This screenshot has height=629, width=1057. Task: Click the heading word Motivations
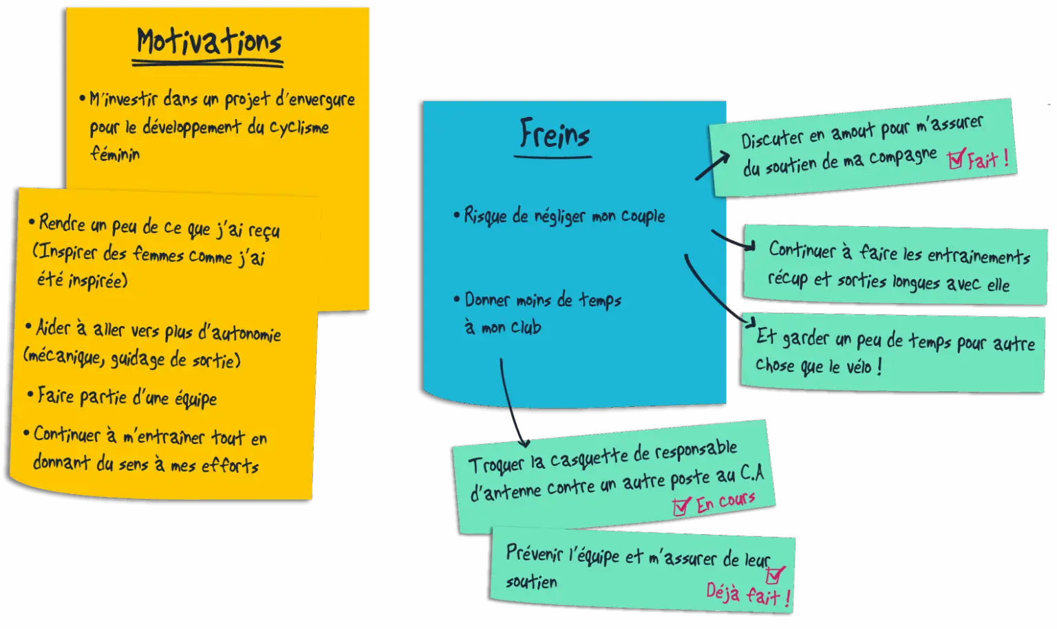(209, 43)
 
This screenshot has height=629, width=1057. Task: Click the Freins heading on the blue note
(554, 133)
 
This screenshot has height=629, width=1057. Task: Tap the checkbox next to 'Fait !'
(956, 159)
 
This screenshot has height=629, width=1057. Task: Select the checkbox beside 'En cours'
(681, 507)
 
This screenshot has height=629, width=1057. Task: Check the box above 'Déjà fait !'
(775, 574)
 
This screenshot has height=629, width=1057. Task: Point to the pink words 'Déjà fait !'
(747, 594)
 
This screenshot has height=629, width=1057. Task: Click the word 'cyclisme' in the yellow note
(299, 128)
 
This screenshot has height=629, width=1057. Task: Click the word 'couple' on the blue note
(643, 216)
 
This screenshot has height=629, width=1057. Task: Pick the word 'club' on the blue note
(526, 328)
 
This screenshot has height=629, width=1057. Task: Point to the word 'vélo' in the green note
(858, 366)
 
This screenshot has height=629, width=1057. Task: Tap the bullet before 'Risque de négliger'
(456, 215)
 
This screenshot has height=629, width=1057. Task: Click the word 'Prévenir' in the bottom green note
(534, 553)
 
